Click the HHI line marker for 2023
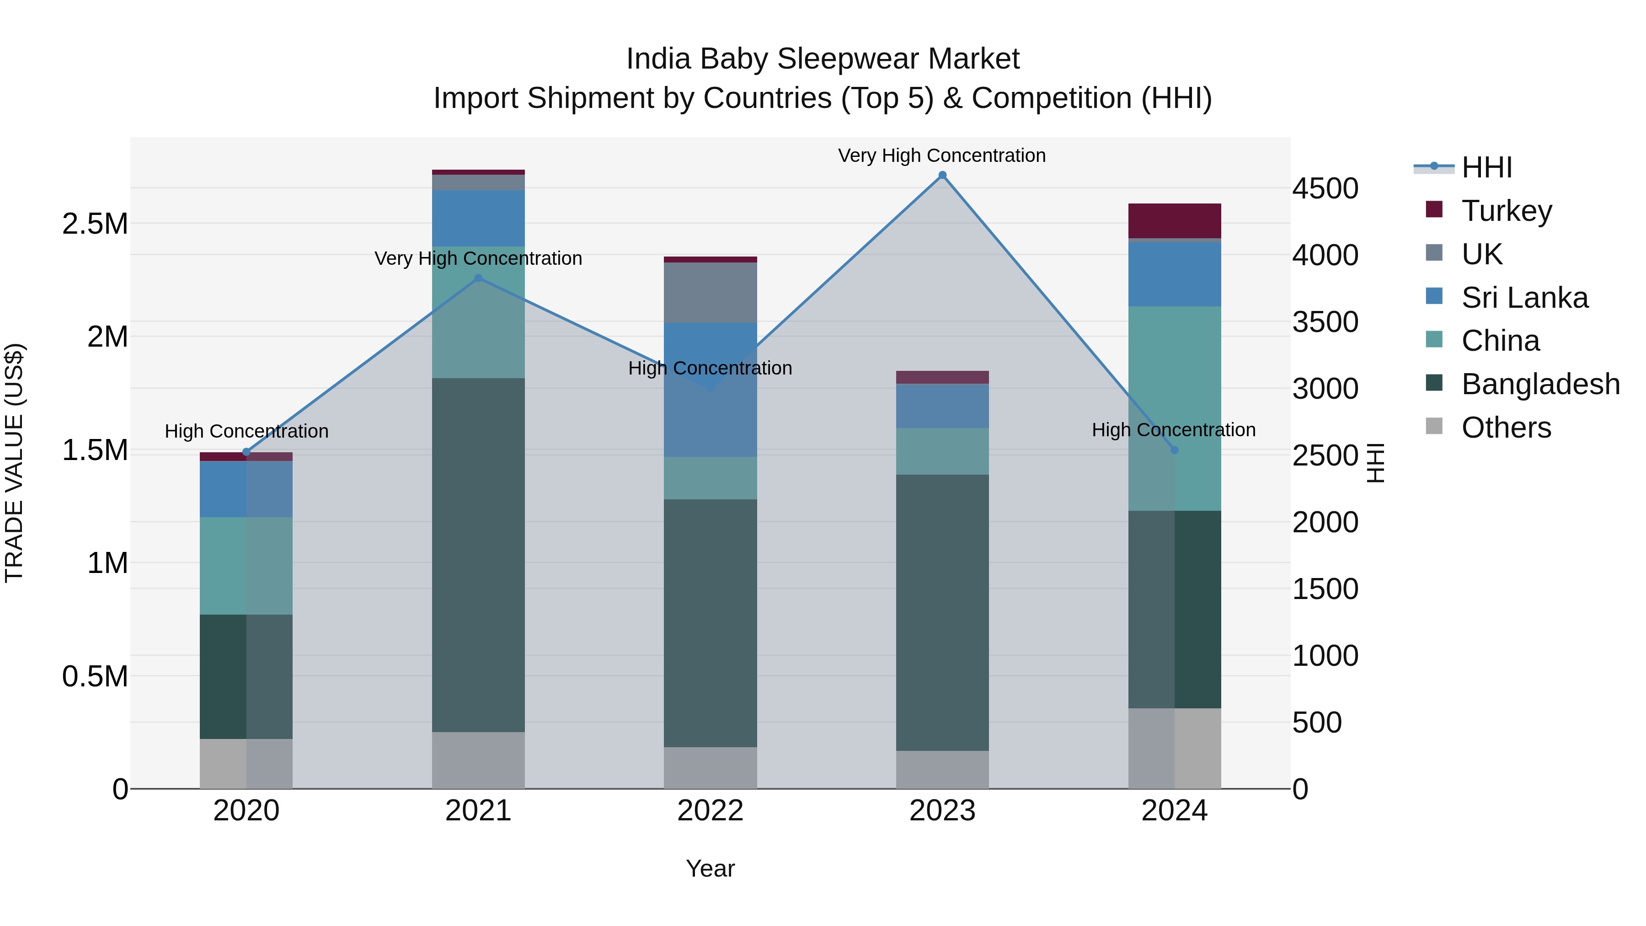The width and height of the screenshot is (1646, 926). [942, 175]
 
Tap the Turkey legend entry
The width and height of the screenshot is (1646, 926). [1506, 210]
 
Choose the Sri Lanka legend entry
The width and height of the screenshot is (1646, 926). [1524, 297]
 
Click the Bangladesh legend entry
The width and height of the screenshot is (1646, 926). [1540, 384]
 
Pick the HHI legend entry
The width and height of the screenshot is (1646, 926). [1486, 167]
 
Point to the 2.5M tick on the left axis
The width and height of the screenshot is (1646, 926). [95, 224]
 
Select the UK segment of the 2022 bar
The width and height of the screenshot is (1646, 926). [710, 292]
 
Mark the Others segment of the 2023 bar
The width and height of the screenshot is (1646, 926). [942, 770]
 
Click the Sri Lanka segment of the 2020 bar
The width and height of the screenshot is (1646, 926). [246, 489]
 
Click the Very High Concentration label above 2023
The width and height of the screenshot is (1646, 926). [942, 155]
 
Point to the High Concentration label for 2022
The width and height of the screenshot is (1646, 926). [710, 368]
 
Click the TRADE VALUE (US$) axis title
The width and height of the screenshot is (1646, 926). [14, 463]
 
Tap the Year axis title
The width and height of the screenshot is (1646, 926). [710, 868]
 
